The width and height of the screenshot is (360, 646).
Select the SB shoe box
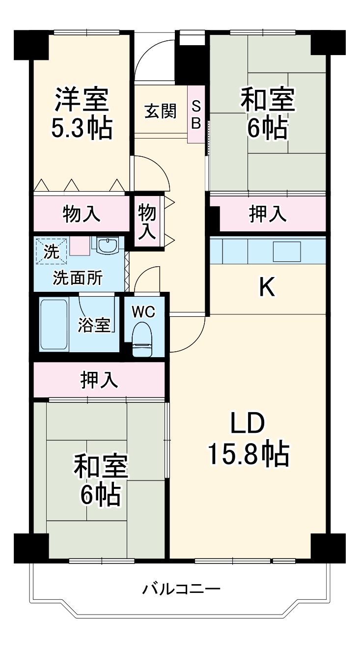pos(196,114)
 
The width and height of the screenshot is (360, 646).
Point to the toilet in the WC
pos(143,338)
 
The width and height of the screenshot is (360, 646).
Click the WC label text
pos(143,311)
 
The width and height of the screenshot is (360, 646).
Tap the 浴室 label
pos(94,325)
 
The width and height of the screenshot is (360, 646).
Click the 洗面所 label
pos(78,278)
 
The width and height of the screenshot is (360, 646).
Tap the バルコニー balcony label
pos(182,588)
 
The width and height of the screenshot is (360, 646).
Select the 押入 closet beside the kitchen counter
pos(267,214)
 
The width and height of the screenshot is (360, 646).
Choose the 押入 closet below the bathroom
pos(99,380)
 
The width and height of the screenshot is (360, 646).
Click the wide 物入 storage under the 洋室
pos(82,214)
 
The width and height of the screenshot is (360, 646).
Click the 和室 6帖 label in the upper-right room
pos(267,113)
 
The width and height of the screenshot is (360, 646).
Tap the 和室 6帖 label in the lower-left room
pos(101,480)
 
